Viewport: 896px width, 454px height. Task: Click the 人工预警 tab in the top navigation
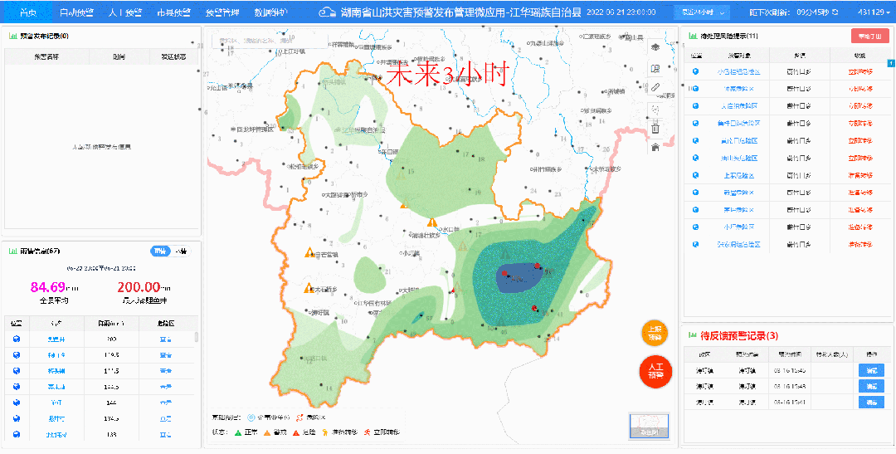(125, 12)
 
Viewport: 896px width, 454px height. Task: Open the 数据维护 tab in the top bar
(270, 12)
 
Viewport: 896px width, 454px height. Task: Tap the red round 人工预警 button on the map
(655, 371)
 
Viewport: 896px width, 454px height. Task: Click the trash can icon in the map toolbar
(655, 128)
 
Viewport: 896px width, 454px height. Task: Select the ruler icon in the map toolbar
(655, 87)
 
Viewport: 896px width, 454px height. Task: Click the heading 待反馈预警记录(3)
(739, 335)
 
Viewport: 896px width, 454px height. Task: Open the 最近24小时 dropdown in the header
(700, 12)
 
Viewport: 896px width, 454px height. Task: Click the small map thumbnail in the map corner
(649, 425)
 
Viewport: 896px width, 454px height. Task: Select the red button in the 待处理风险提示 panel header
(869, 36)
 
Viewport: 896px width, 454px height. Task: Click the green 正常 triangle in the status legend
(238, 432)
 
